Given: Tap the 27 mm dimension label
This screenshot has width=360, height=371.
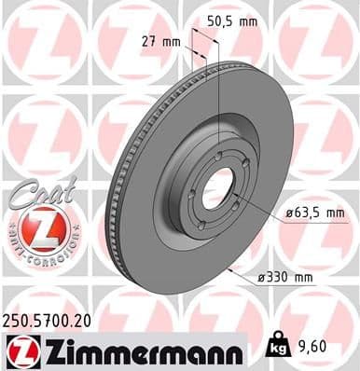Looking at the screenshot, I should (159, 41).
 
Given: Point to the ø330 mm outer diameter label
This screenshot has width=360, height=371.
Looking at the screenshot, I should (285, 277).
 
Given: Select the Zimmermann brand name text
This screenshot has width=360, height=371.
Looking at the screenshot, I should (139, 350).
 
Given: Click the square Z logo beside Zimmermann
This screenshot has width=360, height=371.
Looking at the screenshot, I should (20, 350).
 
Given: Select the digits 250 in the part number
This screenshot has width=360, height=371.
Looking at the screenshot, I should (18, 318).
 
